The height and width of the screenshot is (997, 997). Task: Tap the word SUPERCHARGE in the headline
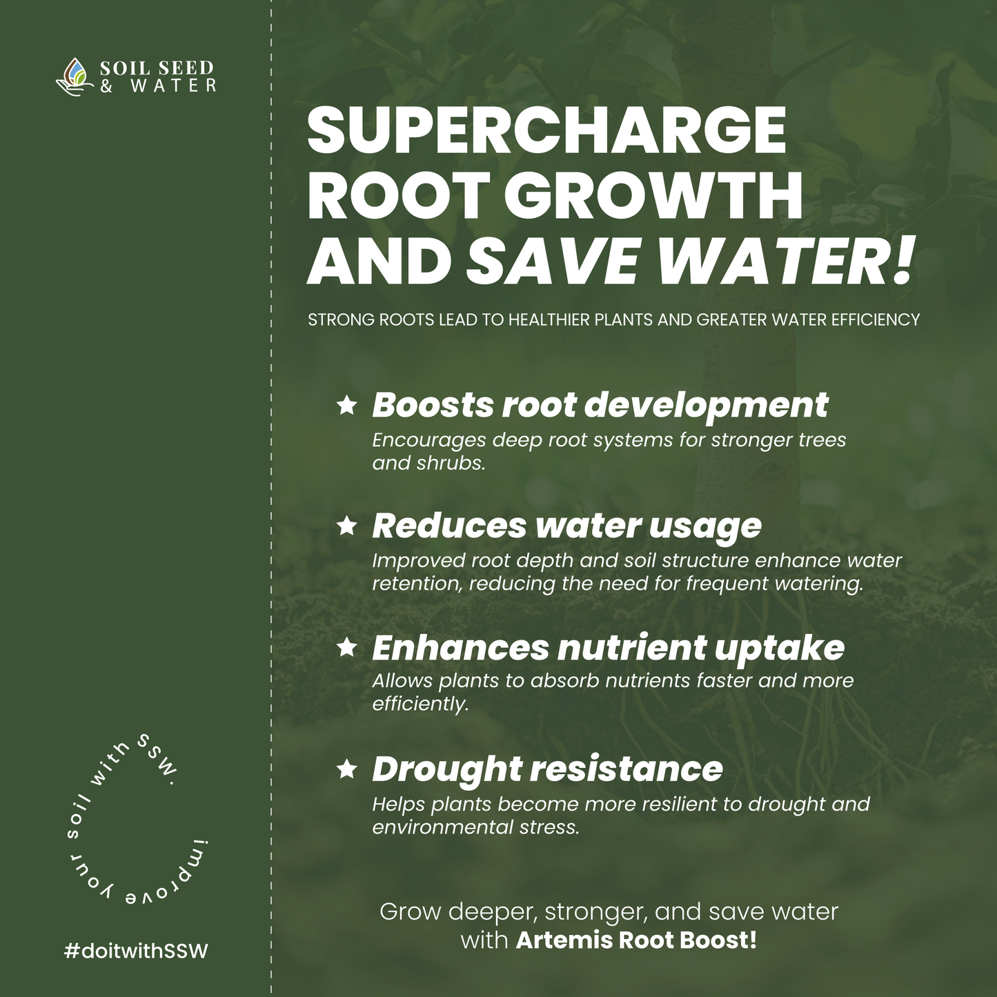[546, 130]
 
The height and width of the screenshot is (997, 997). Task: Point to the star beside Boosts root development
[347, 405]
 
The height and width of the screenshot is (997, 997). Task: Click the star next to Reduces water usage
[347, 526]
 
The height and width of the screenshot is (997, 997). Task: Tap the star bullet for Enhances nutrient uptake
[347, 647]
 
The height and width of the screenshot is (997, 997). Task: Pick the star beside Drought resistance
[347, 769]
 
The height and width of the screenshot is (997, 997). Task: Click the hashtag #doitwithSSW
[136, 951]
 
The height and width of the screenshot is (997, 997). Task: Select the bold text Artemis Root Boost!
[636, 940]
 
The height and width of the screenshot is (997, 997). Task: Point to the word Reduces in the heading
[449, 526]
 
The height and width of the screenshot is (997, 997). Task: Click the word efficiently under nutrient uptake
[419, 704]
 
